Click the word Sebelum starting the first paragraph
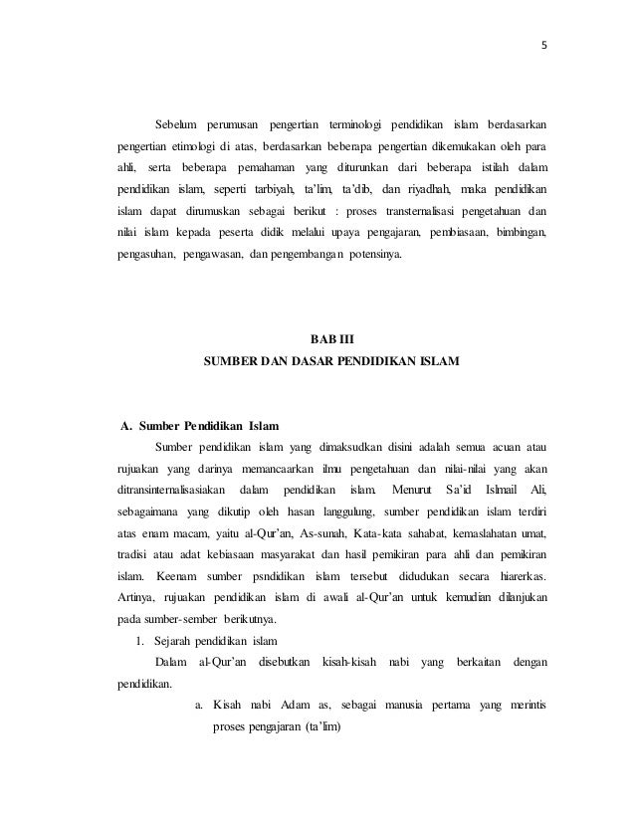coord(177,123)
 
